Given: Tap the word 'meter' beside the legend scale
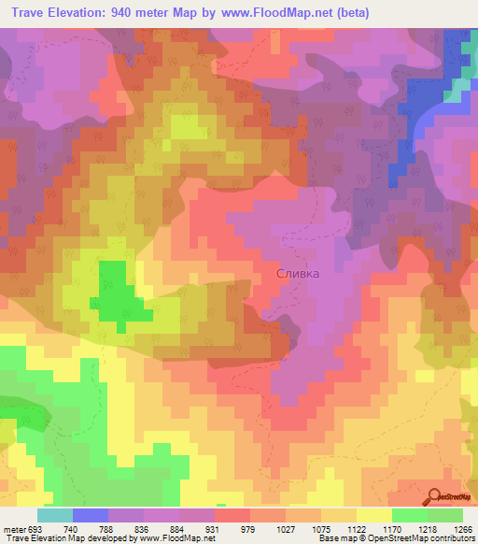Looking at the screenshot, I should pos(15,528).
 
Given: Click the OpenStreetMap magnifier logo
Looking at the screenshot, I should pos(435,496).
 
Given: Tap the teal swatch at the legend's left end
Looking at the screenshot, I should pos(54,514).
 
